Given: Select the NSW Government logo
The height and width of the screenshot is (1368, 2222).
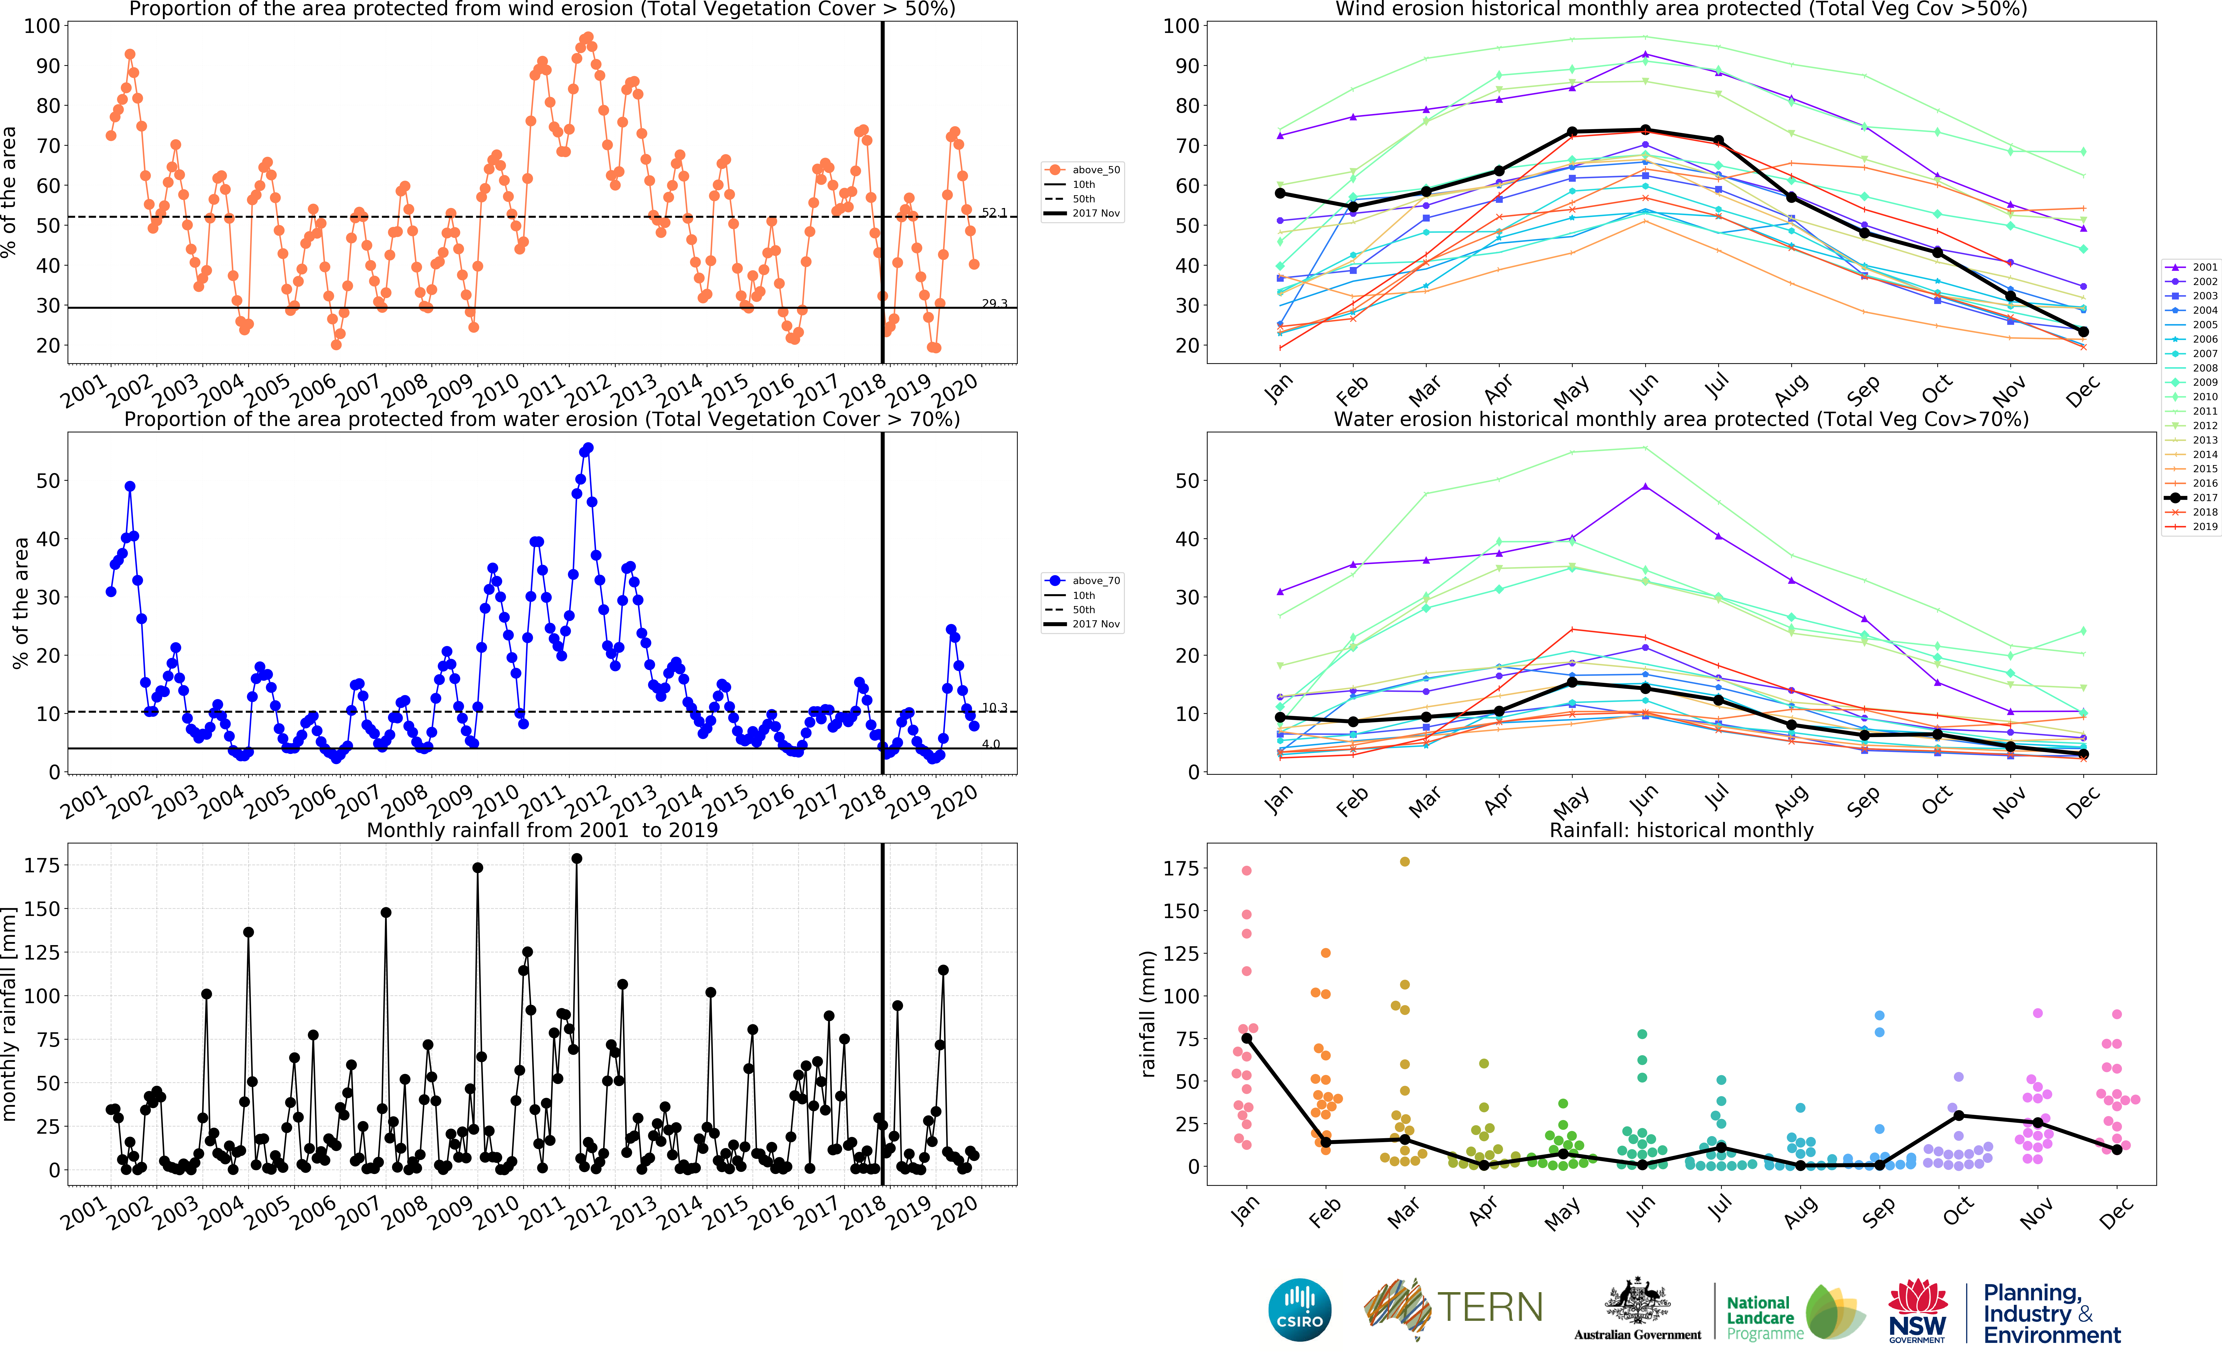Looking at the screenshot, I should tap(1917, 1310).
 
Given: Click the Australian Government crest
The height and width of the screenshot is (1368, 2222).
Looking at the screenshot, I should tap(1637, 1303).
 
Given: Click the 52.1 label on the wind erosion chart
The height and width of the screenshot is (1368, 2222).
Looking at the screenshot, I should tap(994, 213).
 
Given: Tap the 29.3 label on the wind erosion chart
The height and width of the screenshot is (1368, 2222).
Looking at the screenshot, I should tap(994, 303).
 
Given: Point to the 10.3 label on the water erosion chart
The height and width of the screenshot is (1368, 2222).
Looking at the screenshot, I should tap(994, 707).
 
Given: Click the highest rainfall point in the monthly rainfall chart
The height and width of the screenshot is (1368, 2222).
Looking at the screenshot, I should tap(577, 859).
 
